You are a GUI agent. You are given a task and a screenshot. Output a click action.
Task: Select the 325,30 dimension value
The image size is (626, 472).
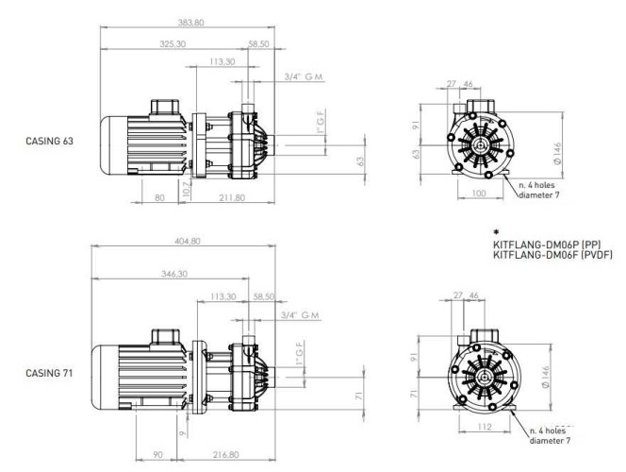click(173, 43)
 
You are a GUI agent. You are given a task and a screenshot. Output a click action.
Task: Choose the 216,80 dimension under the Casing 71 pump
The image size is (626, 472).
click(225, 454)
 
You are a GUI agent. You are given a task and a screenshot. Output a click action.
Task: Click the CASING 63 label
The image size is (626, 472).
click(49, 141)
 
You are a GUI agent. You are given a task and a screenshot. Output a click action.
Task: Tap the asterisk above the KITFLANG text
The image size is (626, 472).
click(496, 231)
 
